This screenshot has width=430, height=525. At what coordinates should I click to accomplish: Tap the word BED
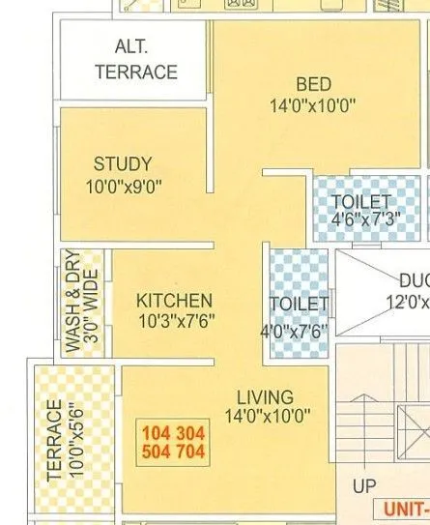[314, 84]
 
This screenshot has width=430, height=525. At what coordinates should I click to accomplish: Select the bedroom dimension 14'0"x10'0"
[314, 105]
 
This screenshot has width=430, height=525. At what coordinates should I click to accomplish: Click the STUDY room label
[123, 164]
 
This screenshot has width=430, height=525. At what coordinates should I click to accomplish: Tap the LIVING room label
[266, 396]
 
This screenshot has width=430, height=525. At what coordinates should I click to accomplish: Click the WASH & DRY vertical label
[72, 304]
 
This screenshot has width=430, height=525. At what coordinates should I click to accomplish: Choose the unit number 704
[190, 451]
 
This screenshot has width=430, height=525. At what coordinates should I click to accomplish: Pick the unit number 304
[190, 432]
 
